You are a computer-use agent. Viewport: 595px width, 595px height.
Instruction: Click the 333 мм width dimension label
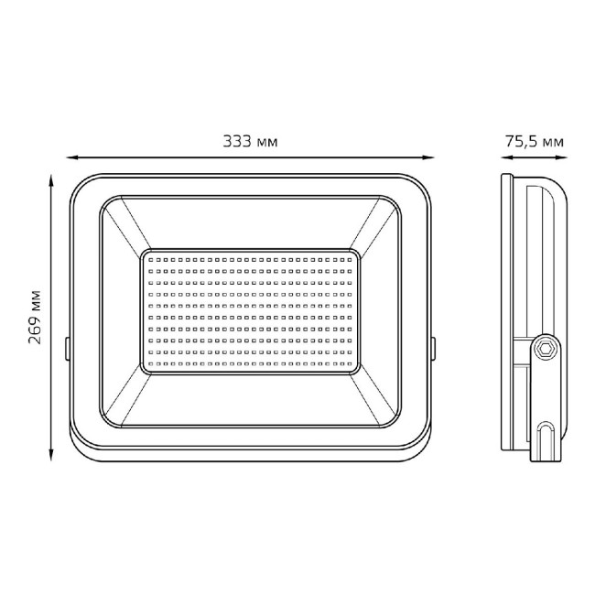click(250, 142)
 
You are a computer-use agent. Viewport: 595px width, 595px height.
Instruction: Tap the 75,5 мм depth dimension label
click(534, 142)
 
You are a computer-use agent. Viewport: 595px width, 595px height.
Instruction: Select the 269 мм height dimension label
click(35, 318)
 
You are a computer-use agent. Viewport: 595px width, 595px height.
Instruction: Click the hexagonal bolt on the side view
click(546, 348)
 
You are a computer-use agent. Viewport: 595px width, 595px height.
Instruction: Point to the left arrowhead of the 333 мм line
click(72, 157)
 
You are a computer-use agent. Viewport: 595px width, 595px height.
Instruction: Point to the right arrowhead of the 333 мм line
click(428, 157)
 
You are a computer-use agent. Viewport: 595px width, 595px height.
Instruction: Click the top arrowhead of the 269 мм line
click(51, 180)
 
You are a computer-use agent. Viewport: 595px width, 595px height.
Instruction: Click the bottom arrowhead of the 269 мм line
click(51, 455)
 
